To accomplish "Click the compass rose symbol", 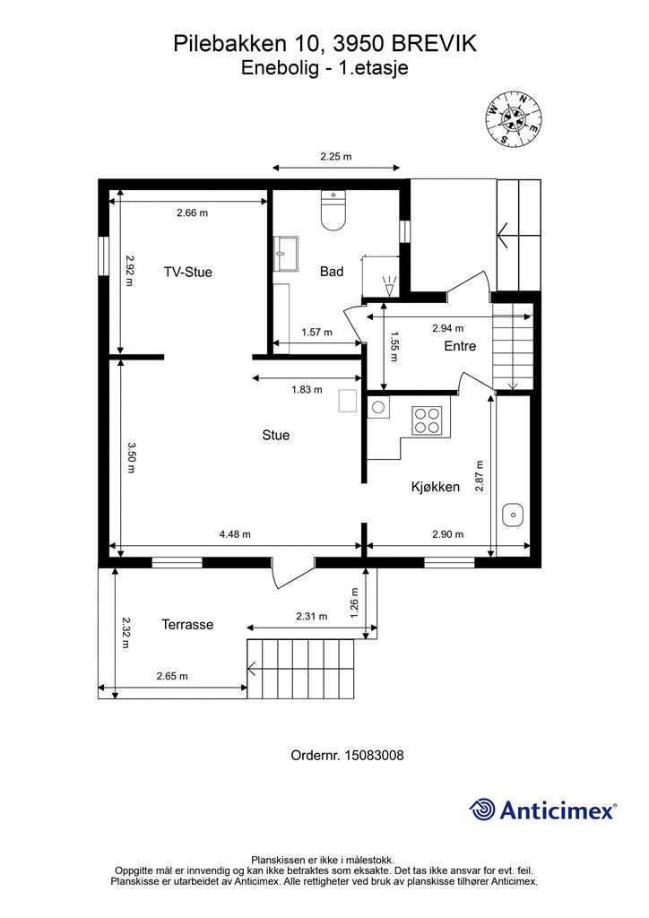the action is pyautogui.click(x=513, y=119).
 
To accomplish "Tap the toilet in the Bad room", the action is pyautogui.click(x=334, y=210).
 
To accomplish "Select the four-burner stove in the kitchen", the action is pyautogui.click(x=426, y=420).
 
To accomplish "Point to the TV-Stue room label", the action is pyautogui.click(x=188, y=272).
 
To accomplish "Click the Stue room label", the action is pyautogui.click(x=275, y=435).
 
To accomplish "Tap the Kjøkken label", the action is pyautogui.click(x=436, y=487).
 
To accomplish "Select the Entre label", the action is pyautogui.click(x=460, y=346).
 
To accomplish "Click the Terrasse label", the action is pyautogui.click(x=187, y=625).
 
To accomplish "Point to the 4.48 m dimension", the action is pyautogui.click(x=235, y=534).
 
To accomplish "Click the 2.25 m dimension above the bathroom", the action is pyautogui.click(x=336, y=156).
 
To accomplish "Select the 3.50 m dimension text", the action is pyautogui.click(x=130, y=456).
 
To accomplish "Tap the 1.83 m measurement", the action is pyautogui.click(x=307, y=389).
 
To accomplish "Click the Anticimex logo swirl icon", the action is pyautogui.click(x=482, y=810).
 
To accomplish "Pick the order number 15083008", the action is pyautogui.click(x=374, y=755).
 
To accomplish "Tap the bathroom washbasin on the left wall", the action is pyautogui.click(x=286, y=254).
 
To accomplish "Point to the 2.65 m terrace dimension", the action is pyautogui.click(x=172, y=676).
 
